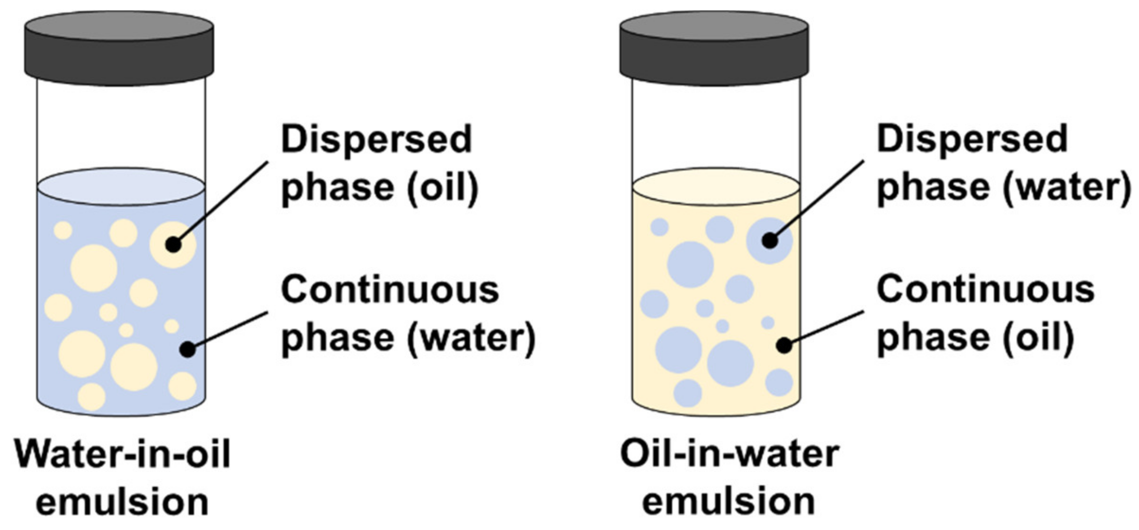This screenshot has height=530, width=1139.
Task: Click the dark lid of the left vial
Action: [119, 47]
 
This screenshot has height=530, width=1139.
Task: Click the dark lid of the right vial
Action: [714, 47]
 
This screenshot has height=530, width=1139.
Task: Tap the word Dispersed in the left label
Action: [376, 139]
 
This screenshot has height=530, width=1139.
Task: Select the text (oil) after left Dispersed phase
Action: [443, 188]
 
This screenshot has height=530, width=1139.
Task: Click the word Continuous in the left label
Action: [390, 289]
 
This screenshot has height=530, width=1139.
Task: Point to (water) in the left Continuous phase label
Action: [471, 338]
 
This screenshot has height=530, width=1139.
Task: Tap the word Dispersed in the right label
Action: [972, 139]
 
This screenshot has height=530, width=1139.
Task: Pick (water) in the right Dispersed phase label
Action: [1067, 188]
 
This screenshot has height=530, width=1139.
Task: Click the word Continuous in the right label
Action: [985, 289]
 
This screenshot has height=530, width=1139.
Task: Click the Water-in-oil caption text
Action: [123, 454]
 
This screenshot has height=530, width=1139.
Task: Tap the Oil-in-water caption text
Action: [729, 454]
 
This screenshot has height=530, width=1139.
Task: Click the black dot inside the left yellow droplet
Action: [174, 245]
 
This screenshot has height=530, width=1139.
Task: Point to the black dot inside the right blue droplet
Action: [770, 241]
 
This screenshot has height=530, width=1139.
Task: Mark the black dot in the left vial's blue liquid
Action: [188, 350]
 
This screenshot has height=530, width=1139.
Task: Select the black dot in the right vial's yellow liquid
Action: [784, 345]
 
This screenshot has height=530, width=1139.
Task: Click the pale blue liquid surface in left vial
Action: [121, 186]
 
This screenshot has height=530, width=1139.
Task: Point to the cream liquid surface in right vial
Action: [716, 186]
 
